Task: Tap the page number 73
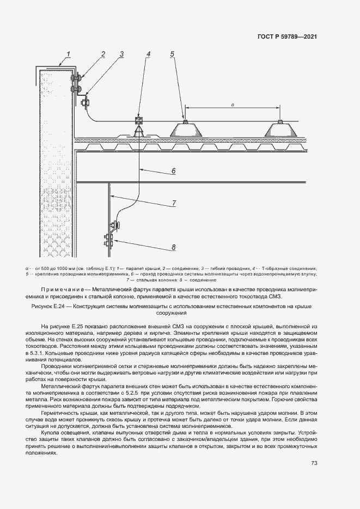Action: click(314, 463)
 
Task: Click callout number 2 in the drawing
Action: click(102, 53)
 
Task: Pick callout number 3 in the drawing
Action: click(122, 54)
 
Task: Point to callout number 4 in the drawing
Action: click(148, 53)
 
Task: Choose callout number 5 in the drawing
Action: click(172, 53)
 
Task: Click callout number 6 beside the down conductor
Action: click(173, 171)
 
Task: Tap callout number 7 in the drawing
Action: click(173, 203)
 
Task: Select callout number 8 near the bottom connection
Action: click(173, 247)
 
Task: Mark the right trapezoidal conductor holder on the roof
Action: click(280, 129)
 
